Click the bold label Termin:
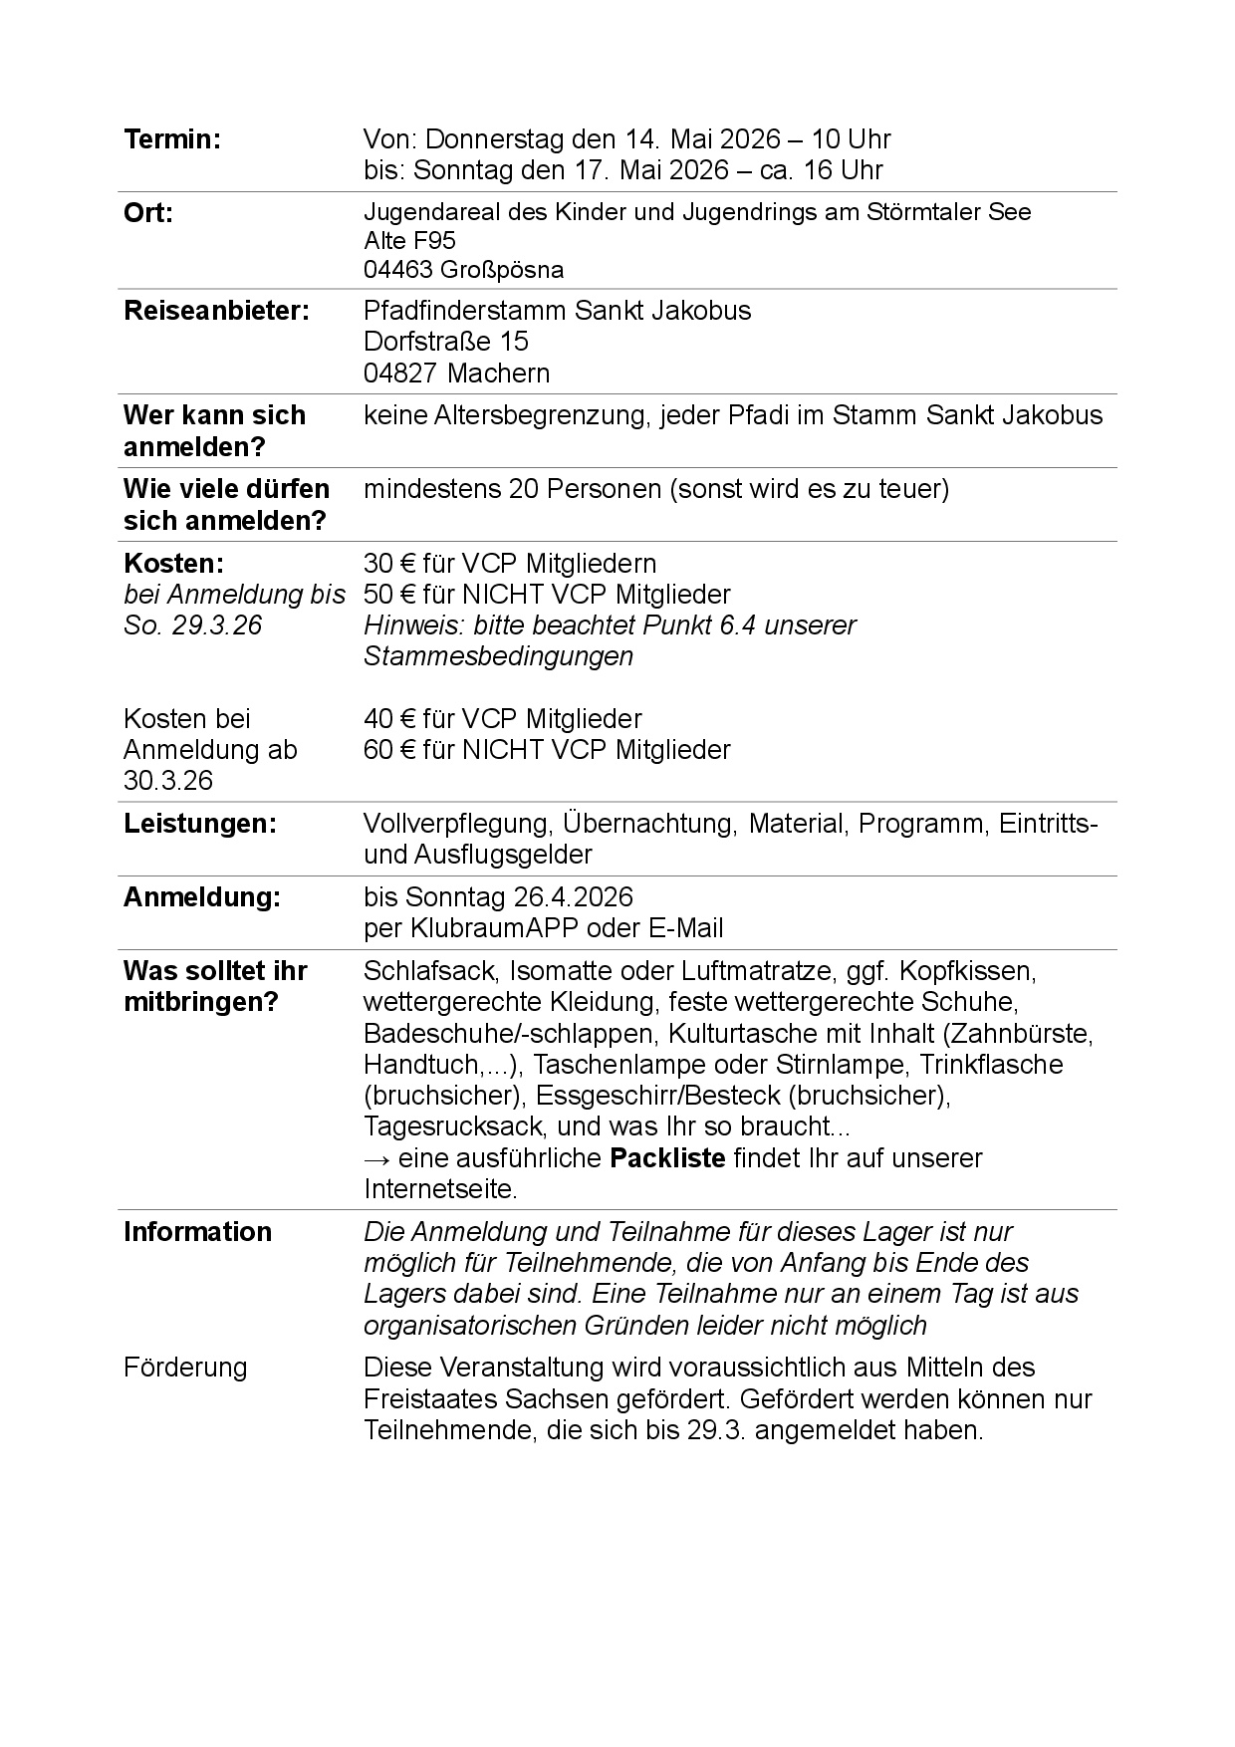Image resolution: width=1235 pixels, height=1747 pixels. (171, 139)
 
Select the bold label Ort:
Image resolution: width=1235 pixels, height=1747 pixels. (147, 213)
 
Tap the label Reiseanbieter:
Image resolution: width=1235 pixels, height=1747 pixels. (216, 311)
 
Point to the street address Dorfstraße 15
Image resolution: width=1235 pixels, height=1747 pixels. (445, 342)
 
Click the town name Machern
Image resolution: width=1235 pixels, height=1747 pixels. (498, 374)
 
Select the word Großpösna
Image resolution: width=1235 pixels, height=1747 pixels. (502, 270)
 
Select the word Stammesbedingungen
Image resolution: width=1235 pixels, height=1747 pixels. (498, 656)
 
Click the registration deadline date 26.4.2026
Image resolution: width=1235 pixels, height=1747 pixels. (574, 897)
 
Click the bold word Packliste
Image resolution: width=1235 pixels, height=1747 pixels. (667, 1158)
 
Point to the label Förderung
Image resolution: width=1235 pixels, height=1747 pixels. (185, 1368)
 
